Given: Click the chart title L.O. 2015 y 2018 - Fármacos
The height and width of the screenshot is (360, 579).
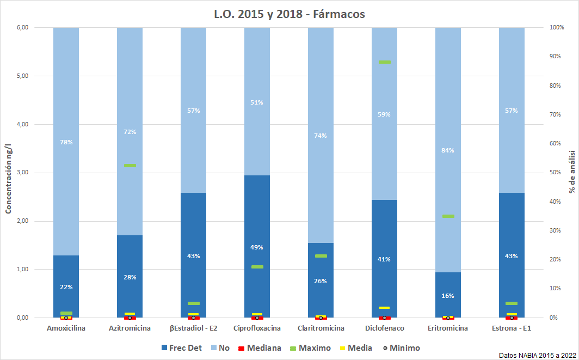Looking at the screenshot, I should pyautogui.click(x=289, y=14).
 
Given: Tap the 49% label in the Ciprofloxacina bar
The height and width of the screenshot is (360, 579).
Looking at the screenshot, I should pyautogui.click(x=257, y=247).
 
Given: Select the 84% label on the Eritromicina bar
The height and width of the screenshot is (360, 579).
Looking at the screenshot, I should pyautogui.click(x=448, y=150).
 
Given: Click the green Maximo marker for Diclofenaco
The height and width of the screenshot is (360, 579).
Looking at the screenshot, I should pyautogui.click(x=385, y=62).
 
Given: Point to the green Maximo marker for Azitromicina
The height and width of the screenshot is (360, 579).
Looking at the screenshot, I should pyautogui.click(x=130, y=166).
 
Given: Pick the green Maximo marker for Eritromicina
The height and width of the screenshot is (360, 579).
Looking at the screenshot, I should pyautogui.click(x=448, y=216).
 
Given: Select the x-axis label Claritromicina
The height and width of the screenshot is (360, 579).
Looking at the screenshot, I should pyautogui.click(x=321, y=328).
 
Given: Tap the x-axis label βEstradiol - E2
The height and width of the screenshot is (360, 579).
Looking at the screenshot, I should pyautogui.click(x=194, y=328).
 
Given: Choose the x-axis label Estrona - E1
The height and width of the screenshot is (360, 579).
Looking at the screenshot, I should pyautogui.click(x=512, y=328).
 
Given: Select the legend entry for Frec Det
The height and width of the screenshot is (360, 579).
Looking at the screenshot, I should pyautogui.click(x=182, y=347).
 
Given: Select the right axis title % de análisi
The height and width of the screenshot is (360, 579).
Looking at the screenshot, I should pyautogui.click(x=572, y=172).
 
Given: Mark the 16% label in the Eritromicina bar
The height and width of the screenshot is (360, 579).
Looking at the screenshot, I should pyautogui.click(x=448, y=296).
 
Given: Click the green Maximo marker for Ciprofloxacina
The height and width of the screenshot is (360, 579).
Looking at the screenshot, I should pyautogui.click(x=257, y=267).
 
